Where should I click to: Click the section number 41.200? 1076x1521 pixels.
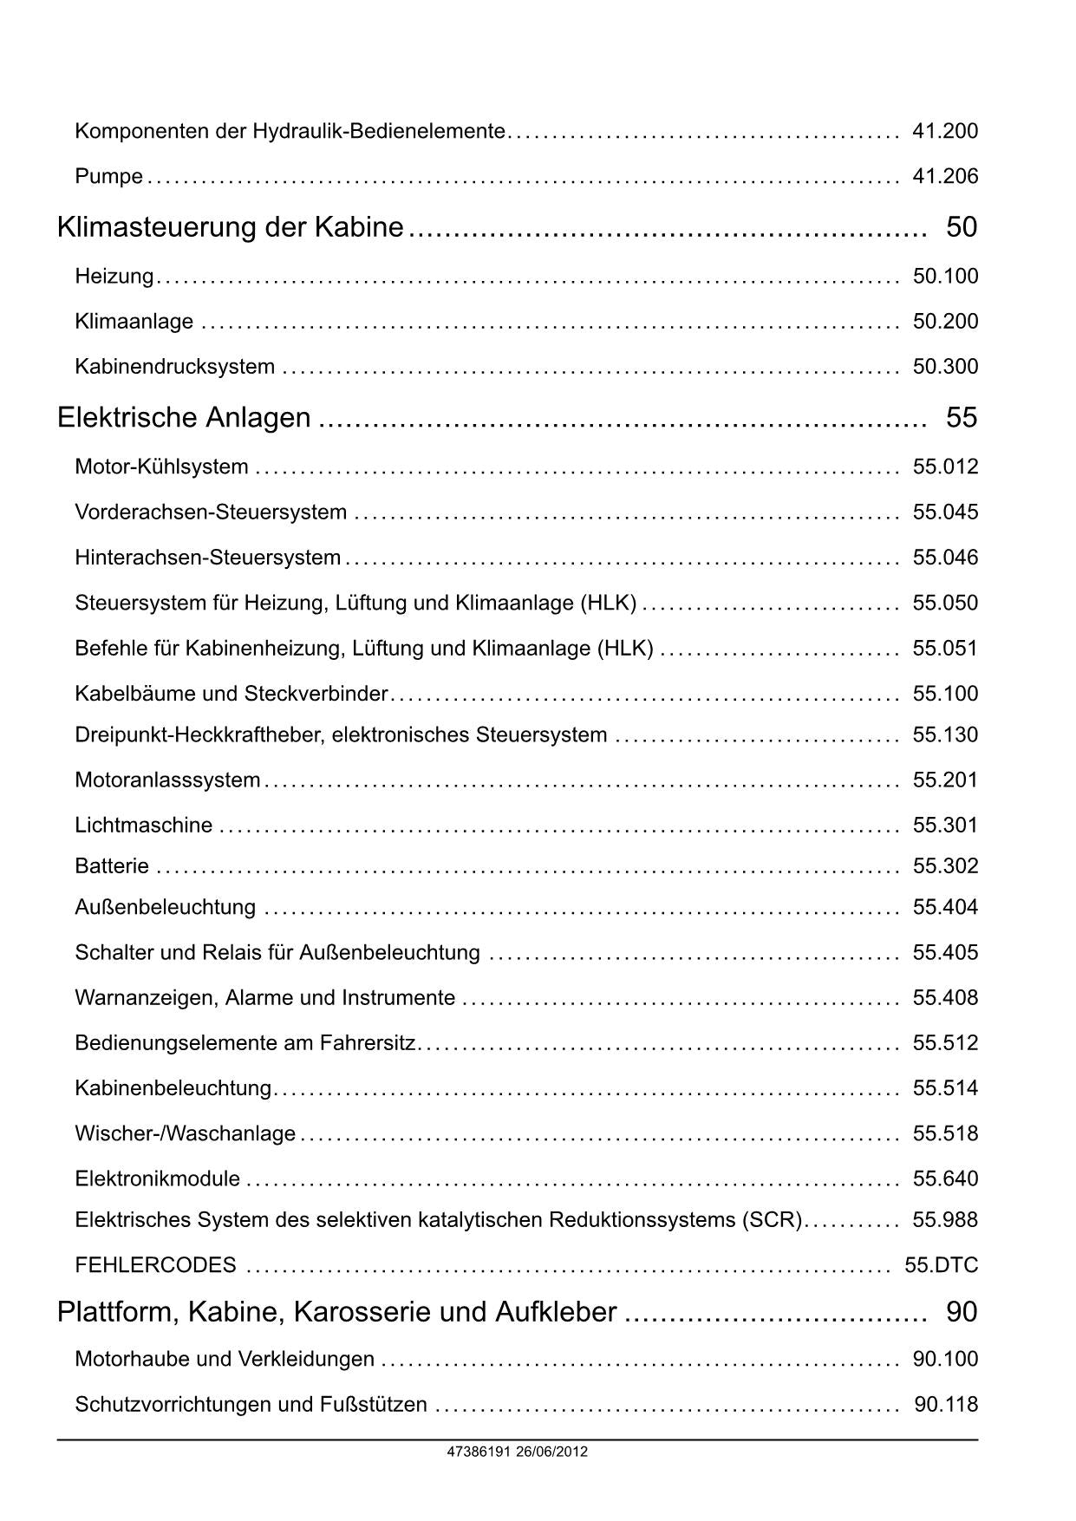944,132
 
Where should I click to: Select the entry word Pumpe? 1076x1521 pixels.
108,177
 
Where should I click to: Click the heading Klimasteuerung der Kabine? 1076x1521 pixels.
230,227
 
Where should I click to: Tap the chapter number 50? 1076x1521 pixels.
961,227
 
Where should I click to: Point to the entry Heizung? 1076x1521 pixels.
114,277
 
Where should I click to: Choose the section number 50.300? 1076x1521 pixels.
944,367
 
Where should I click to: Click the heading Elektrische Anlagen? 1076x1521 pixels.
184,418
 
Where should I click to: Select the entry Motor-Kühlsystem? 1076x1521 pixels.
161,467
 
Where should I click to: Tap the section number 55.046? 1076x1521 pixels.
944,558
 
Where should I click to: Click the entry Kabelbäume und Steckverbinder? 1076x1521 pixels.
231,694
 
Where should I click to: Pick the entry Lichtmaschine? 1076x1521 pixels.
143,826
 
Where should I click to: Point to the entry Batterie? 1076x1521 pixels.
112,866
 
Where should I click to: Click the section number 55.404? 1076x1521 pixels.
944,908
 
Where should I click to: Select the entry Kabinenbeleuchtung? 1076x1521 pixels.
173,1088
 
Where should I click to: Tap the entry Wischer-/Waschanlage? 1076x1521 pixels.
185,1133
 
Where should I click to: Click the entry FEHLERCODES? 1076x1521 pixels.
155,1266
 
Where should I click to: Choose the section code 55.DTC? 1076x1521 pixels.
941,1266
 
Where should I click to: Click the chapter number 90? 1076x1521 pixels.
961,1312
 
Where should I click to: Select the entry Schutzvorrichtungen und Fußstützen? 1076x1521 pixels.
251,1405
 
